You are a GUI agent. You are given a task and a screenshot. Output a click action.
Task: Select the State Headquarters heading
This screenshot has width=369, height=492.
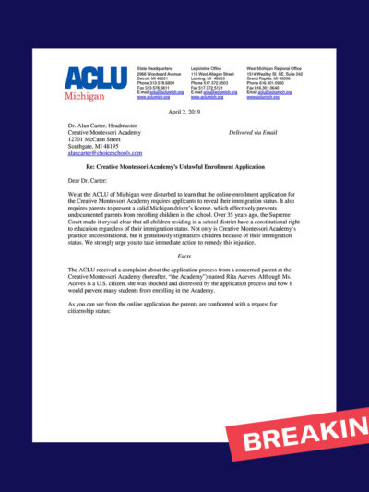[x=157, y=68]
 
